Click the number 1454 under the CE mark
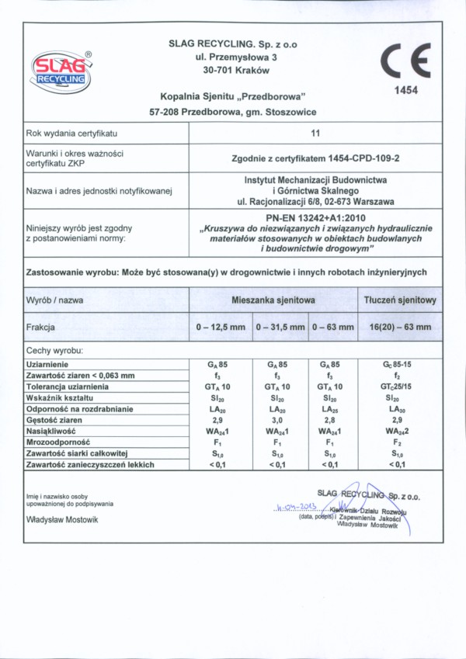(x=405, y=90)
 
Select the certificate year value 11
(x=315, y=134)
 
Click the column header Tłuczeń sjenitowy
(x=400, y=300)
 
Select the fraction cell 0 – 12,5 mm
(x=221, y=328)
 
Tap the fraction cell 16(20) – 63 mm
(x=400, y=328)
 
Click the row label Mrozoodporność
(x=58, y=442)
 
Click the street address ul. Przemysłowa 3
(x=232, y=57)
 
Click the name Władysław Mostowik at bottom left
(x=62, y=519)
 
